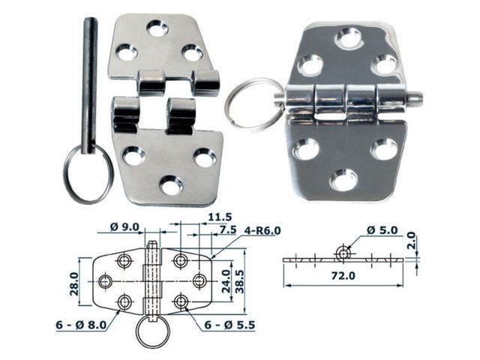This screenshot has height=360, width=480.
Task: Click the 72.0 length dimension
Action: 343,276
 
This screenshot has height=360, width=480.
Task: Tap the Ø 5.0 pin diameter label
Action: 382,230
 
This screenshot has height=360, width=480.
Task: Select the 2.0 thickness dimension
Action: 412,240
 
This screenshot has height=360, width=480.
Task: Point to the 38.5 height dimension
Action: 240,281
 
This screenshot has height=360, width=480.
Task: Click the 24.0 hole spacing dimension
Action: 226,281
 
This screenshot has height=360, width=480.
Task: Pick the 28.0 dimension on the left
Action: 73,284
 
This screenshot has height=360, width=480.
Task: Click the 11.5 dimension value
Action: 220,217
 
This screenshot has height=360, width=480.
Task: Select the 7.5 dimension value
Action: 227,229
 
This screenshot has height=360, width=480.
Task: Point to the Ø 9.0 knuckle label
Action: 124,227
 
